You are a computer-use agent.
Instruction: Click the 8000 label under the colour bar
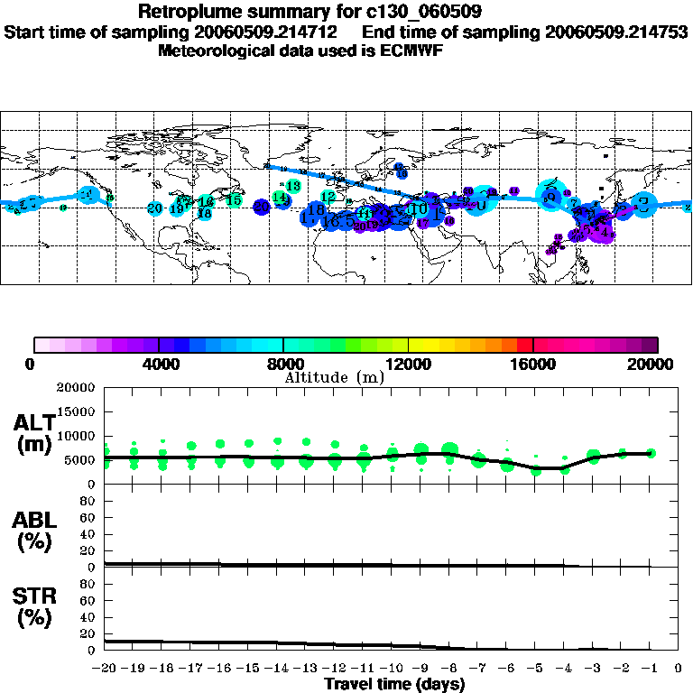pos(283,364)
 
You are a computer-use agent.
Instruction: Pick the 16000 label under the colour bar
pos(533,364)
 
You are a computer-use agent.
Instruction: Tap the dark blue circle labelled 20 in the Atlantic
pos(262,208)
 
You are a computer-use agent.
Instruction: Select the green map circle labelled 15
pos(234,200)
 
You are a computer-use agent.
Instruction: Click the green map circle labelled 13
pos(292,186)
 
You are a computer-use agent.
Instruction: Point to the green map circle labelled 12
pos(328,196)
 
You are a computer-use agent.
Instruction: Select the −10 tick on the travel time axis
pos(392,670)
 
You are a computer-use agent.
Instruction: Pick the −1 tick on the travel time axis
pos(650,670)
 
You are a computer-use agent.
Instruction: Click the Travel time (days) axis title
pos(394,685)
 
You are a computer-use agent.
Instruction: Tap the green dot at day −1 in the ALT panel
pos(651,453)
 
